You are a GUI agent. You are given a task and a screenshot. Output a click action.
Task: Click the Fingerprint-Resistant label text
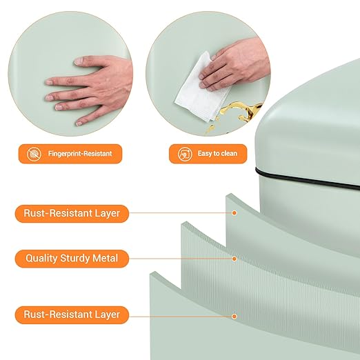(80, 154)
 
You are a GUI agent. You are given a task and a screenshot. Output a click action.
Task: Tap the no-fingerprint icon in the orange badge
(34, 154)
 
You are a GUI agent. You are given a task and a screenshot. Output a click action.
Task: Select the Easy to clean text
(217, 153)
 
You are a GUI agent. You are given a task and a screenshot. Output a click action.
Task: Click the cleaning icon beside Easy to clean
(185, 154)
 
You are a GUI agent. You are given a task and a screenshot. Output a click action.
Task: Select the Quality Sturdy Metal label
(72, 259)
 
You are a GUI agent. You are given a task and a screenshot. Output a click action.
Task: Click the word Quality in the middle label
(41, 259)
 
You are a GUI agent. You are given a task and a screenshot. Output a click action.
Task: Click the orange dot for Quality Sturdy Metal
(234, 259)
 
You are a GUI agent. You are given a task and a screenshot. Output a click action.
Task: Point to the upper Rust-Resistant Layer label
(72, 214)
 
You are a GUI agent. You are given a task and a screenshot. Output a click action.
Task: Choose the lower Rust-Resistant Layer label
(72, 314)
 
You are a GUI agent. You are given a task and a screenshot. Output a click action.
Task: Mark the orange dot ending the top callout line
(234, 213)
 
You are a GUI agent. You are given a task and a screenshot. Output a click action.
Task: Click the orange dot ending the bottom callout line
(234, 317)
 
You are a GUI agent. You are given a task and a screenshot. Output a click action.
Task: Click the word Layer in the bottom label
(108, 314)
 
